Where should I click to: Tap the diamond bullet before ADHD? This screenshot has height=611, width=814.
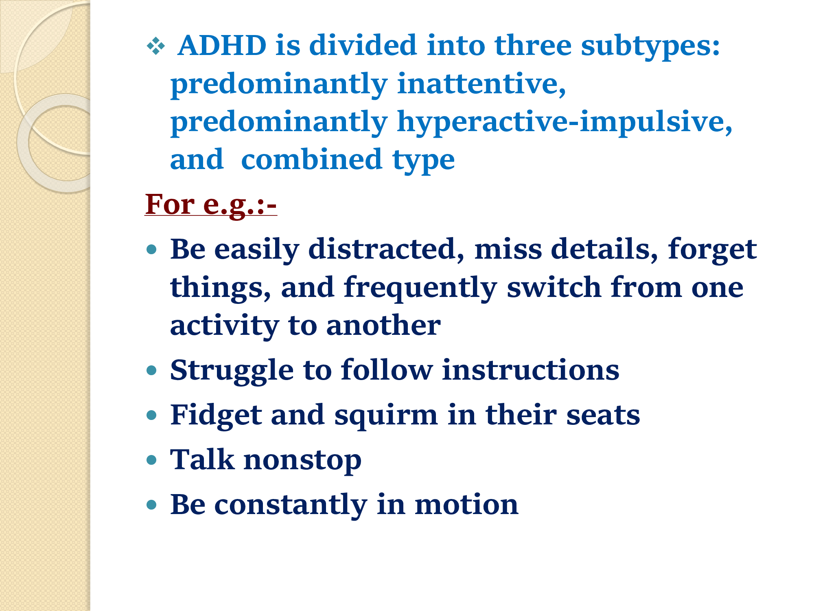pos(156,46)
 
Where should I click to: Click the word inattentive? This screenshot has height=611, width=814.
pos(481,84)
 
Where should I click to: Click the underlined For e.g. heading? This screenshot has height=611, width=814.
pos(211,204)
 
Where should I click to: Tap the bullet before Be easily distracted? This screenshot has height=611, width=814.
pos(151,249)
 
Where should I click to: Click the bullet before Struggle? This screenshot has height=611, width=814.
pos(151,370)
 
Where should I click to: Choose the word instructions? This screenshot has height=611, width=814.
pos(531,370)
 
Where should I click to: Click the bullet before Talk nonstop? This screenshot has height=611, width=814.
pos(151,460)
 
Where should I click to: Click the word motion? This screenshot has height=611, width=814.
pos(466,504)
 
